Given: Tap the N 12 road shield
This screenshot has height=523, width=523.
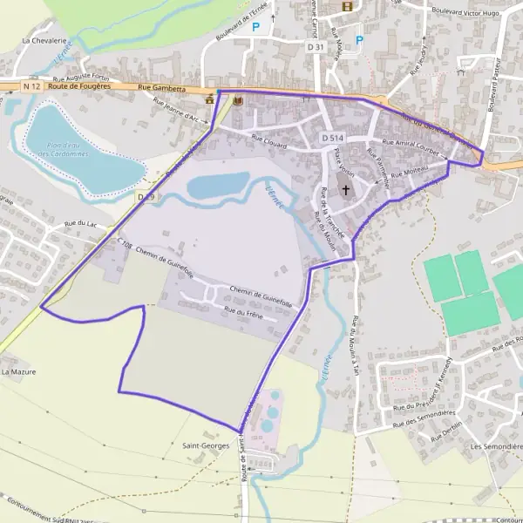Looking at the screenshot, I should coord(32,85).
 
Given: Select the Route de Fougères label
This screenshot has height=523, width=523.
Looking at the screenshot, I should coord(81,85).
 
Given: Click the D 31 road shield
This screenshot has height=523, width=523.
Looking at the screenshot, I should coord(316,46).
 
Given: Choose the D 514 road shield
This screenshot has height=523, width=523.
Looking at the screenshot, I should coord(330,138).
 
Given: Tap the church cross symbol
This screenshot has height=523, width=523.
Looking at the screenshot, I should coord(345,189).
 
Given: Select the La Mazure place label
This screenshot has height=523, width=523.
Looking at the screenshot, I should coord(18,371).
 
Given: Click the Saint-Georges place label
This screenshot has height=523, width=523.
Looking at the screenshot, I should coord(205,445).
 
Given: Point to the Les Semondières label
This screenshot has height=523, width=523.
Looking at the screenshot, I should coord(496,446).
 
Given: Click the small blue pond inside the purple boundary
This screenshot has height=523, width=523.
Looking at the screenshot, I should coord(218,185).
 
